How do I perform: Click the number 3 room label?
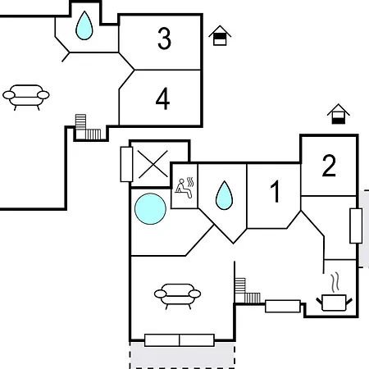click(x=164, y=39)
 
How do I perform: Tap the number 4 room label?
click(x=162, y=98)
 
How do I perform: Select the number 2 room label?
click(x=329, y=166)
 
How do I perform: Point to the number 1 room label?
click(x=276, y=191)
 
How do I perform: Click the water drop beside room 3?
click(x=84, y=25)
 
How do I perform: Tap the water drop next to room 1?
click(x=224, y=195)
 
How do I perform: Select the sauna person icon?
click(x=184, y=188)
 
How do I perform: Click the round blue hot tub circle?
click(x=150, y=209)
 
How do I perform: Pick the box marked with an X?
click(x=153, y=164)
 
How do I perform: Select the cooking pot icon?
click(x=334, y=303)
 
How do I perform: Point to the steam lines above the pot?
click(x=335, y=283)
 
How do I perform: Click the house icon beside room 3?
click(x=220, y=35)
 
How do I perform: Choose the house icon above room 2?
click(x=339, y=114)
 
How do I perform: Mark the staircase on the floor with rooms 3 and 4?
click(x=88, y=127)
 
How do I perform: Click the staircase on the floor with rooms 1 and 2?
click(x=247, y=291)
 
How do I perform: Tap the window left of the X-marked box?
click(x=126, y=164)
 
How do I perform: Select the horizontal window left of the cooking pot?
click(x=283, y=306)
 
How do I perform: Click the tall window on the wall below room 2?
click(x=356, y=225)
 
